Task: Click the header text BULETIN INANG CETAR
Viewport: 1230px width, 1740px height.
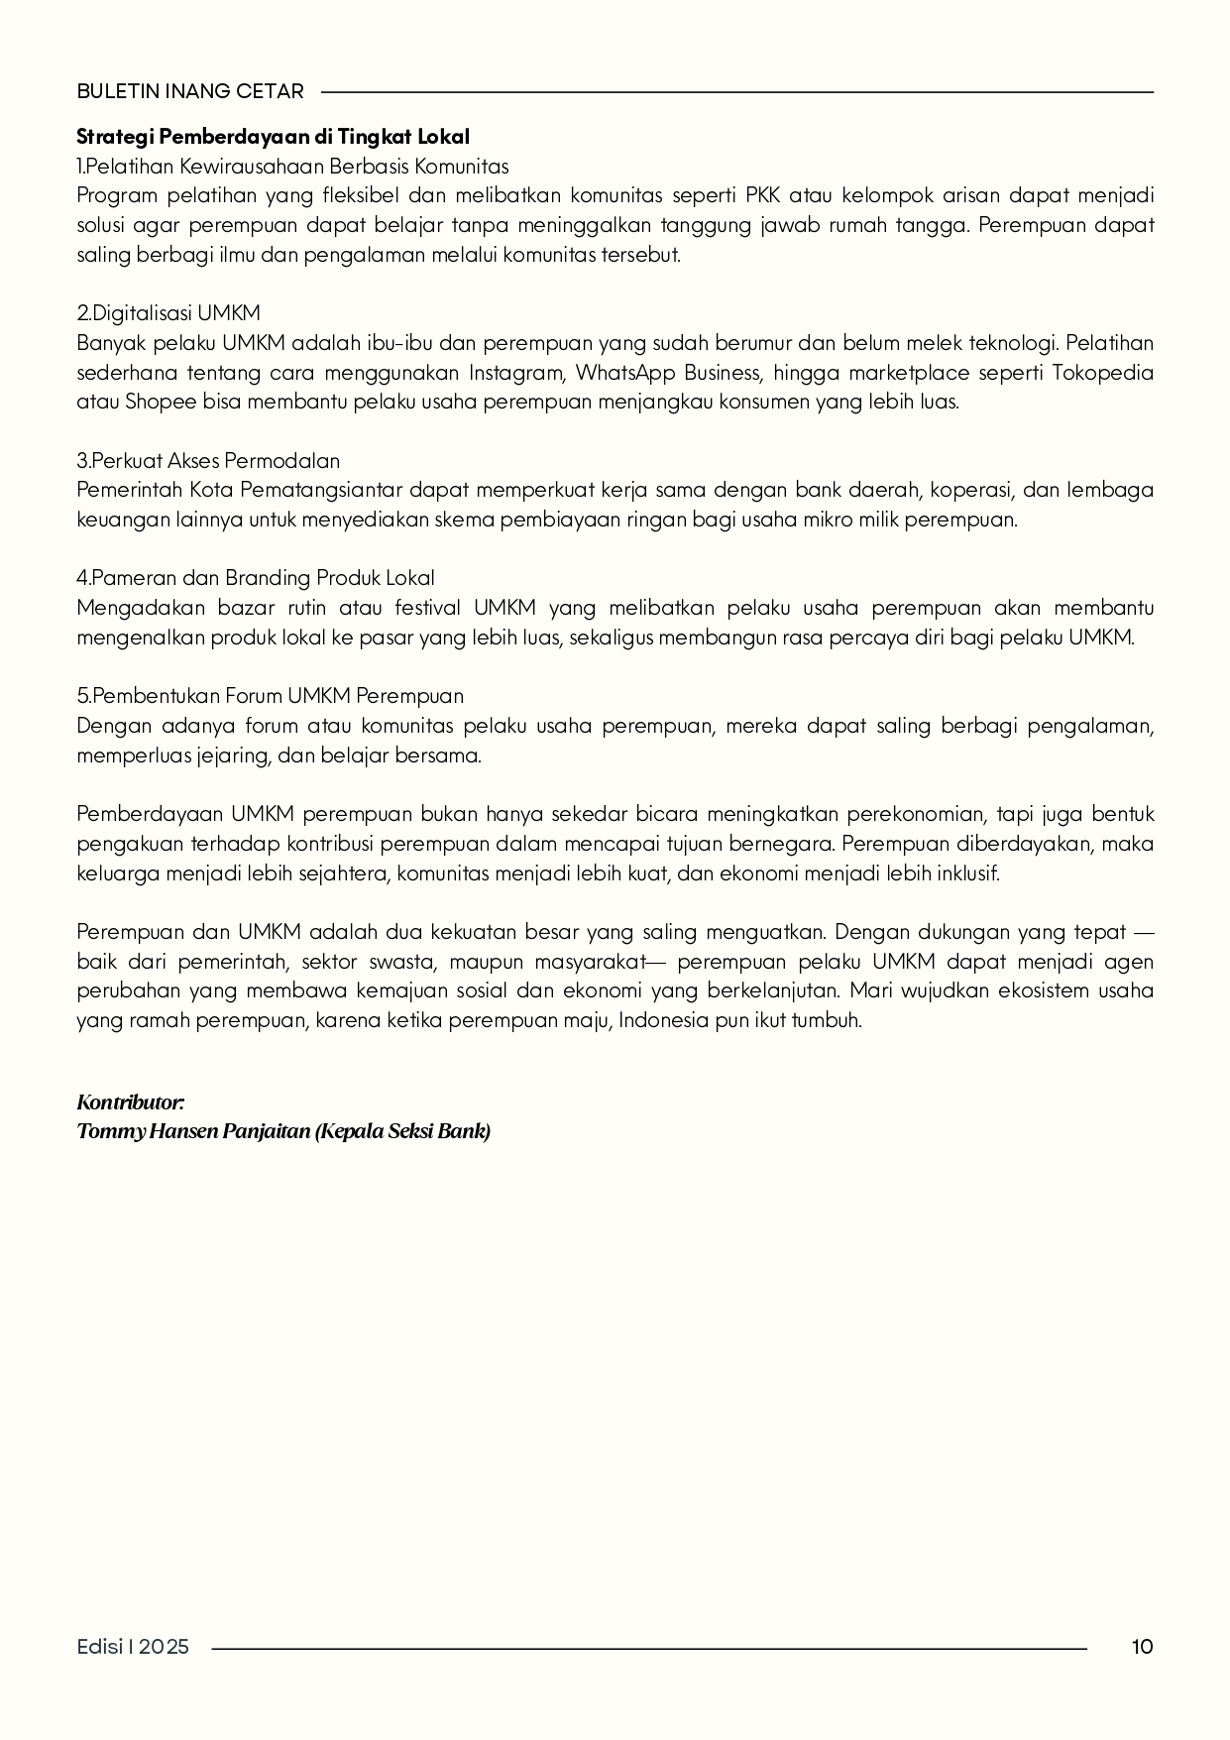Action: coord(190,91)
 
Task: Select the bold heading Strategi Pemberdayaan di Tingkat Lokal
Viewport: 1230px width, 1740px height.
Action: coord(273,136)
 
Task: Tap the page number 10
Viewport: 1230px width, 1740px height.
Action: coord(1142,1647)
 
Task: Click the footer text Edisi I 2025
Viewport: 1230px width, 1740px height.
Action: coord(133,1647)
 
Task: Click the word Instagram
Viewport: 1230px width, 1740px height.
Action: coord(515,373)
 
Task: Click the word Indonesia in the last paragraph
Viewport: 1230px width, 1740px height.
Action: coord(664,1020)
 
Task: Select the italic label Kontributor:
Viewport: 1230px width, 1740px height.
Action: coord(131,1102)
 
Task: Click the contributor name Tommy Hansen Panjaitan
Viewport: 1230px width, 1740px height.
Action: coord(193,1131)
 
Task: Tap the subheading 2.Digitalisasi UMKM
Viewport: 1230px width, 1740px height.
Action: coord(168,313)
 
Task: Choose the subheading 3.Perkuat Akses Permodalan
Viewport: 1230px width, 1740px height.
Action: coord(208,461)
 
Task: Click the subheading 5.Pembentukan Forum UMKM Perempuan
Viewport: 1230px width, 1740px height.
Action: coord(270,696)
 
